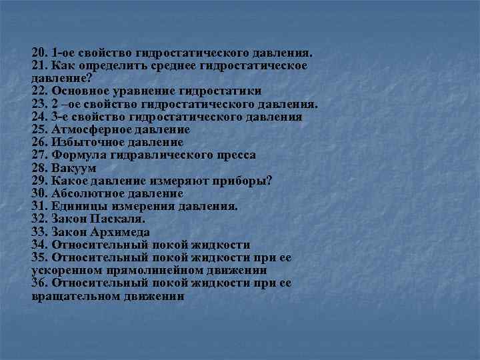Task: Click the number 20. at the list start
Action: (x=41, y=53)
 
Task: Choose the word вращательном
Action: (x=75, y=296)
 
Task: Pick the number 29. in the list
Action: (x=41, y=181)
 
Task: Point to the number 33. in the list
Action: (x=41, y=232)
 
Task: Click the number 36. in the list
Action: (x=41, y=283)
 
